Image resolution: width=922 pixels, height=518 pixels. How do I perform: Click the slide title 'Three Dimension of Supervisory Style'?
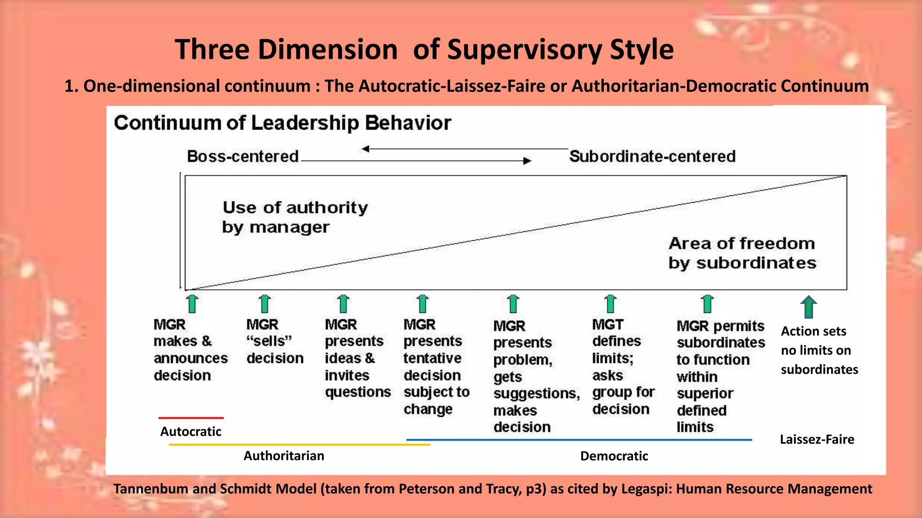pos(424,49)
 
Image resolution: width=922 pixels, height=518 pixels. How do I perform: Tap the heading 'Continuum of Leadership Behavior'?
pos(282,123)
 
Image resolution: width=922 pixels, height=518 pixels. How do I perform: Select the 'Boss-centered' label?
pos(243,156)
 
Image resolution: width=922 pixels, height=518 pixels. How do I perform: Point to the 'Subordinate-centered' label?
pos(652,156)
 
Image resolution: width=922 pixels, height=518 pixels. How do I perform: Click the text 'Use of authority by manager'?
pos(295,217)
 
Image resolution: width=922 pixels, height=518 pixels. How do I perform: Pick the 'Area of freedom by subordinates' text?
pos(742,253)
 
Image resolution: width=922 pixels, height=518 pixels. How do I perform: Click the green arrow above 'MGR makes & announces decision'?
pos(193,304)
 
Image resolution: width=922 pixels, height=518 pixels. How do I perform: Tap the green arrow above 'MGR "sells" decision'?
pos(265,304)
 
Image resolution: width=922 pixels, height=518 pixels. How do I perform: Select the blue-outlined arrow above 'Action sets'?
pos(809,307)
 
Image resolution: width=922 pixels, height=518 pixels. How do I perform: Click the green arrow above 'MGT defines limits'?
pos(610,304)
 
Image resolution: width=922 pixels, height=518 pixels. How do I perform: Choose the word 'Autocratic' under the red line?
pos(190,432)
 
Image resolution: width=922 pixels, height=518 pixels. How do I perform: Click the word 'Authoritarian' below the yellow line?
pos(284,456)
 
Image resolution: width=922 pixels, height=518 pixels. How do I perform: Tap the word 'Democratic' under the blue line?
pos(614,456)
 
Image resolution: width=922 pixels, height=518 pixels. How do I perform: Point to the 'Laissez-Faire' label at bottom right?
pos(817,439)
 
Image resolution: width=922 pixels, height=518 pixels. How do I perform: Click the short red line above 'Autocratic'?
pos(191,418)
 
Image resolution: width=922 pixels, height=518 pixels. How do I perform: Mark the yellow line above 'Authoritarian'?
pos(299,445)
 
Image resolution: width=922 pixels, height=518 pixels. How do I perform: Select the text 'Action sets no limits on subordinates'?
pos(819,350)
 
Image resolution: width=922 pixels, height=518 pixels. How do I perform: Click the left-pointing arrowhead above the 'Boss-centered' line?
pos(366,149)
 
